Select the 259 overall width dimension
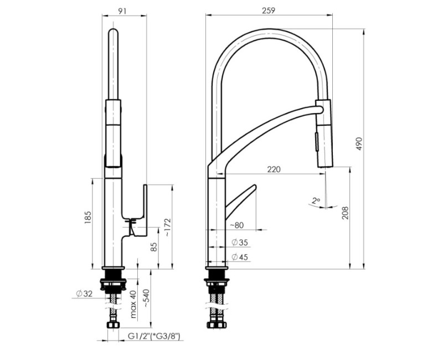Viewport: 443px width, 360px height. pyautogui.click(x=269, y=10)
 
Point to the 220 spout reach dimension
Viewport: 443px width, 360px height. pyautogui.click(x=273, y=169)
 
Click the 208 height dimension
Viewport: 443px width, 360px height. pyautogui.click(x=345, y=214)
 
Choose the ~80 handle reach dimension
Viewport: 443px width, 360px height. pyautogui.click(x=236, y=225)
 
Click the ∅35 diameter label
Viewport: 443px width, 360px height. pyautogui.click(x=239, y=242)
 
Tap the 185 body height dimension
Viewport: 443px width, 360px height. pyautogui.click(x=88, y=218)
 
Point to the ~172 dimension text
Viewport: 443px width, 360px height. pyautogui.click(x=168, y=227)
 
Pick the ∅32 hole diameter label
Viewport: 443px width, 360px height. pyautogui.click(x=85, y=293)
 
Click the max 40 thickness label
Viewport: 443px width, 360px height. pyautogui.click(x=133, y=304)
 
